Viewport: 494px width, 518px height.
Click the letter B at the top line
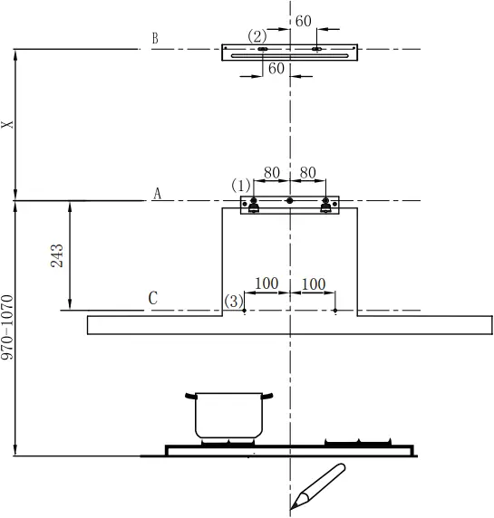point(155,39)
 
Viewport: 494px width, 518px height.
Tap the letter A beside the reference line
point(157,194)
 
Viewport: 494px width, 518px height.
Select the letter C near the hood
point(153,298)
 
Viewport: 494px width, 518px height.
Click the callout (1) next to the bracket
point(241,186)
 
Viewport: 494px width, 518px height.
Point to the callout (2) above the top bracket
point(257,36)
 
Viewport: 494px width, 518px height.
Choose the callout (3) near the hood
point(234,301)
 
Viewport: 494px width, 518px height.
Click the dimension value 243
point(56,255)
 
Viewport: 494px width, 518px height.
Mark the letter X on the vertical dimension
point(8,125)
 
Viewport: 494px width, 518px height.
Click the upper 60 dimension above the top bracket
point(303,21)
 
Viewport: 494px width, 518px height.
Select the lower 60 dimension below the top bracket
point(276,69)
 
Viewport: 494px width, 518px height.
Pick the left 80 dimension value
point(271,172)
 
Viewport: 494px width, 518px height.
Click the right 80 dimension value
point(307,172)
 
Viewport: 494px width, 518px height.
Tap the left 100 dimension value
point(266,284)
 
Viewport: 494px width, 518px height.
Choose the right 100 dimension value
point(313,284)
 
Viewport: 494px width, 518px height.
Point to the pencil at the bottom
point(318,484)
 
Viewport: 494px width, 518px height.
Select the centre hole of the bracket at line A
point(289,200)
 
